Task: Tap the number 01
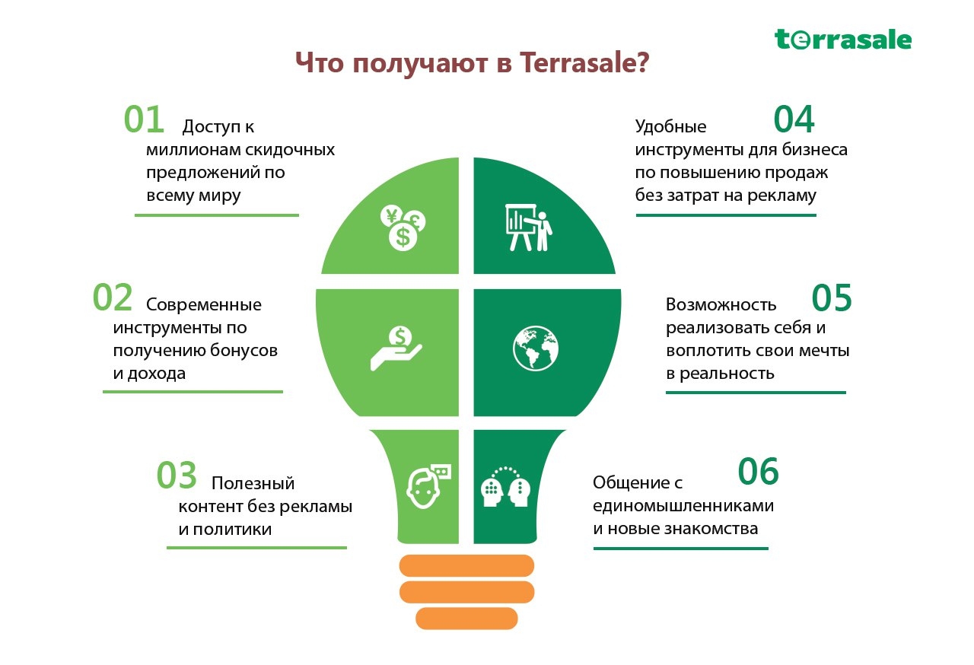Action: pyautogui.click(x=144, y=119)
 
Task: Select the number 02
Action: pyautogui.click(x=113, y=297)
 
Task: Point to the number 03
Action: pyautogui.click(x=177, y=475)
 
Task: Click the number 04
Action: pyautogui.click(x=794, y=119)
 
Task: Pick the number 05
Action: pyautogui.click(x=832, y=297)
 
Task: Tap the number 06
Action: pyautogui.click(x=759, y=471)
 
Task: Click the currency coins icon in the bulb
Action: pyautogui.click(x=403, y=228)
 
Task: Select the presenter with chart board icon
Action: pyautogui.click(x=529, y=228)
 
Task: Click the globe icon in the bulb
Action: pyautogui.click(x=536, y=348)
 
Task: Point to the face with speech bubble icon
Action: pyautogui.click(x=428, y=486)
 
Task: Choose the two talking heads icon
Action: pyautogui.click(x=506, y=487)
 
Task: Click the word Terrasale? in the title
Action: pyautogui.click(x=585, y=62)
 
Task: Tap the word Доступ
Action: pyautogui.click(x=212, y=127)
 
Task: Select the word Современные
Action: pyautogui.click(x=203, y=304)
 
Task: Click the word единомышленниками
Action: pyautogui.click(x=683, y=506)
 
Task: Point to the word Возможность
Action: pyautogui.click(x=721, y=304)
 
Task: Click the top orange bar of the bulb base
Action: pyautogui.click(x=467, y=565)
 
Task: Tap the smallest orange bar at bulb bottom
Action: pyautogui.click(x=467, y=618)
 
